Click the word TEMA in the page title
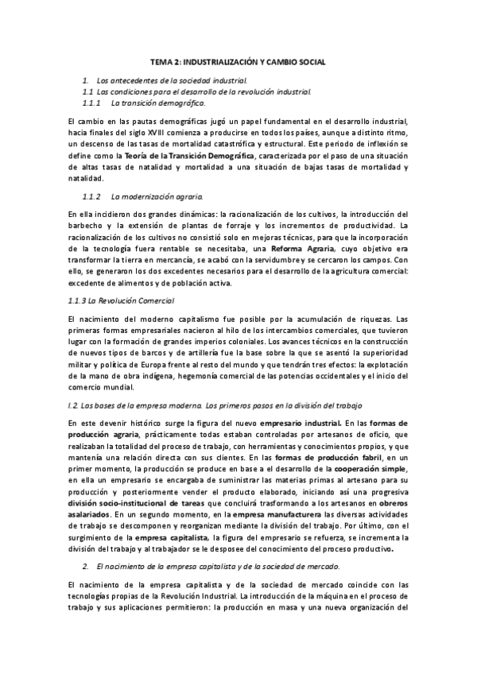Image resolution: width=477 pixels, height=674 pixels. click(162, 61)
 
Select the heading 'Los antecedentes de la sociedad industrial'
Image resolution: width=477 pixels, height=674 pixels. click(171, 81)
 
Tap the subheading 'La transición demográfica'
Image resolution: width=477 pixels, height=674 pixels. click(157, 103)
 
